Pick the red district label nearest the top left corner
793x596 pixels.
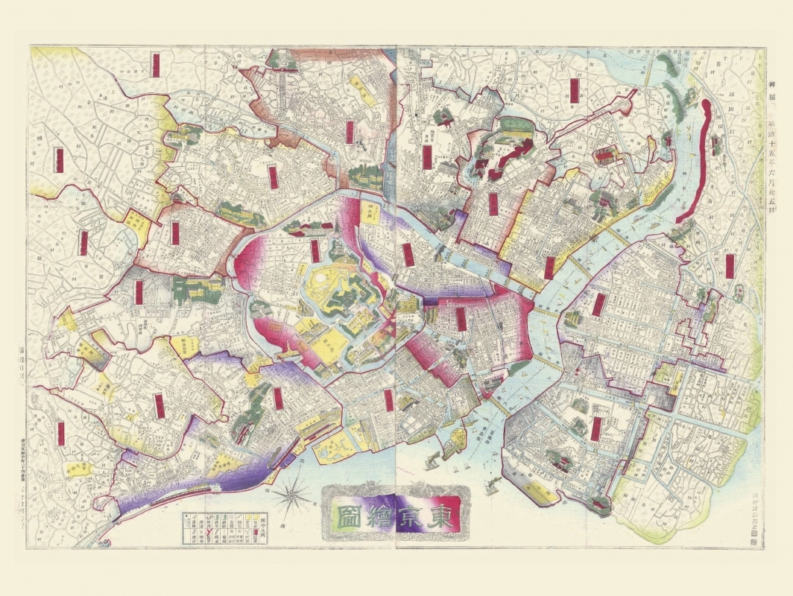[x=155, y=64]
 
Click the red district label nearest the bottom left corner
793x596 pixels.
[x=61, y=433]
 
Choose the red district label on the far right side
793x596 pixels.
[x=730, y=266]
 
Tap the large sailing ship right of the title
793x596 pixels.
[x=491, y=485]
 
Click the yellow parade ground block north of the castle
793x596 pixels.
[x=369, y=212]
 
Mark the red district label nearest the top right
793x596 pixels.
[x=575, y=90]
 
